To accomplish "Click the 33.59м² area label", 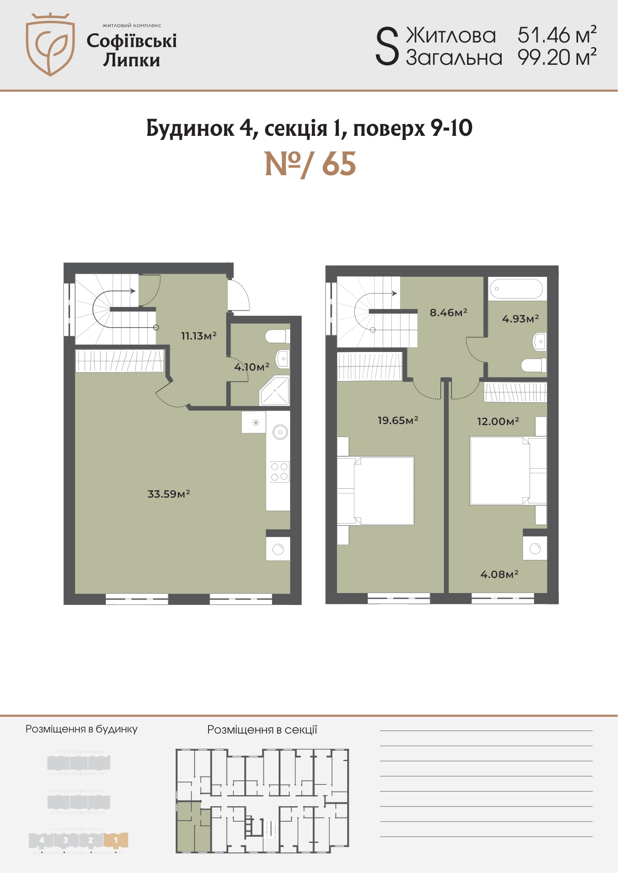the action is [x=169, y=494].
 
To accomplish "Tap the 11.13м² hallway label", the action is [x=199, y=335].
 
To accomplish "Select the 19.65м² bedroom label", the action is [x=398, y=420].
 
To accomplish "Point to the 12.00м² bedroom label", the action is [x=498, y=421].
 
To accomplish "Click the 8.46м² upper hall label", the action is [x=449, y=312].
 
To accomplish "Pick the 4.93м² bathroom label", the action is [x=520, y=319].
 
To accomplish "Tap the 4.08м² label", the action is [x=499, y=574].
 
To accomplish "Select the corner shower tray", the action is [x=275, y=390].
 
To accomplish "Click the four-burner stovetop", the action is [x=280, y=472].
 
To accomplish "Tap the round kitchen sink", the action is [x=280, y=432].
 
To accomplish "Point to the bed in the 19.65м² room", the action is [x=375, y=490].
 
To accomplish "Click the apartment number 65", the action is [x=339, y=164].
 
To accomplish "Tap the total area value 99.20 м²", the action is [x=557, y=58].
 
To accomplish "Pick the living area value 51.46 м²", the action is [x=557, y=35].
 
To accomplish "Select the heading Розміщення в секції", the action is [x=262, y=729].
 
